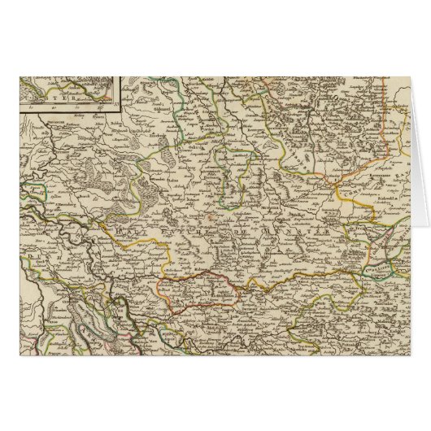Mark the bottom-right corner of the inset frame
[x=115, y=110]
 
